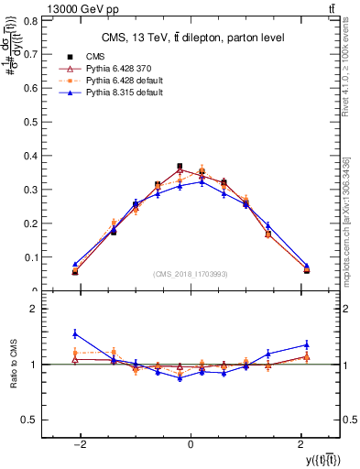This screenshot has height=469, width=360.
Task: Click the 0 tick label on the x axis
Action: [190, 445]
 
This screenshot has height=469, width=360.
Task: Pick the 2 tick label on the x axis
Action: [299, 445]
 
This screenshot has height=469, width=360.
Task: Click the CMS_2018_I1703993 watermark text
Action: [191, 275]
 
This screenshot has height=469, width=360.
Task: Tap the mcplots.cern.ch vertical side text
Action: [348, 220]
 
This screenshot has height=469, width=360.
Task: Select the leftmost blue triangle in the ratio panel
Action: [75, 333]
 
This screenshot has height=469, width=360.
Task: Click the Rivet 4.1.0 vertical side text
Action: [348, 73]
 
